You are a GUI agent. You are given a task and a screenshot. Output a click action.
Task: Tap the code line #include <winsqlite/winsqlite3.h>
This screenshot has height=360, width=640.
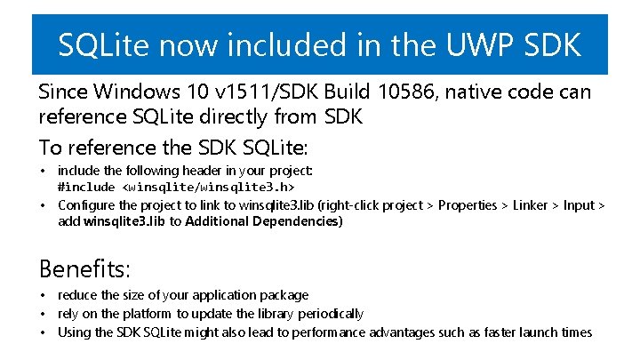[176, 187]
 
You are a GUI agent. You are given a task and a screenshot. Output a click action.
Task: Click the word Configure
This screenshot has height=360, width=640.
[87, 204]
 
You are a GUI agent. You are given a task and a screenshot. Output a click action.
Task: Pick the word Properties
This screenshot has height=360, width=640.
[468, 204]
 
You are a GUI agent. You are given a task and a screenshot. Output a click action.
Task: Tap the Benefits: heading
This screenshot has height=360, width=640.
[84, 268]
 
